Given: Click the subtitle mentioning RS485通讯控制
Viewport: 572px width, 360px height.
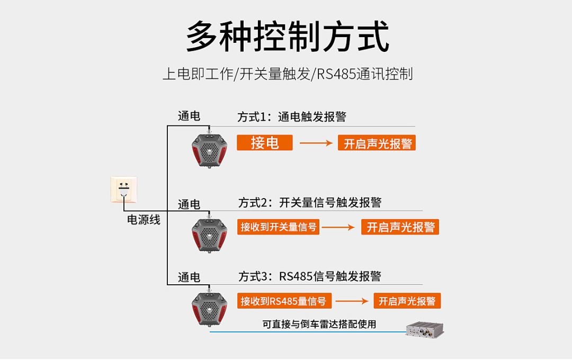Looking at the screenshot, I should coord(287,74).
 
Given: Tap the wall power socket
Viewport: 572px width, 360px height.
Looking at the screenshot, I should coord(124,189).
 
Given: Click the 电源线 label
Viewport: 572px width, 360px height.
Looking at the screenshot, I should coord(144,219).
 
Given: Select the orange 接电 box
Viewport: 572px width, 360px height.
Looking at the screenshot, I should coord(264,142).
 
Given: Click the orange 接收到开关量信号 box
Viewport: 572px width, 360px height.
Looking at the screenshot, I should coord(278,227).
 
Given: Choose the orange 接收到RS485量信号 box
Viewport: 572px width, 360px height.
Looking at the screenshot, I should coord(284,301).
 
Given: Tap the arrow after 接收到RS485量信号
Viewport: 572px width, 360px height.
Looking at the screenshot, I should coord(352,301).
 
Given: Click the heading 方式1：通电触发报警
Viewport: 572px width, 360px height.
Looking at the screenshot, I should coord(291,117).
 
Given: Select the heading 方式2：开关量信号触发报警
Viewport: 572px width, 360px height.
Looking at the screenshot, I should coord(309,202).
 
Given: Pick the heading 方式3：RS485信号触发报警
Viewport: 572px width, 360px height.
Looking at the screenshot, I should coord(309,276).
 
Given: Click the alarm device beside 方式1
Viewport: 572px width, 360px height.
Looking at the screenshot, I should coord(209,150).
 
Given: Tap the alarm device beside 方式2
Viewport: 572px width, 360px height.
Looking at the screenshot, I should coord(209,235).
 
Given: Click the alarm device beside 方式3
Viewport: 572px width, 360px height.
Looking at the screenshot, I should coord(209,308).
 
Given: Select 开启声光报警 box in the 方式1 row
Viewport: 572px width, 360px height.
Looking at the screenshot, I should coord(377,143).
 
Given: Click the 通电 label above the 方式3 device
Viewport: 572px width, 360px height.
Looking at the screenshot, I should coord(189,277).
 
